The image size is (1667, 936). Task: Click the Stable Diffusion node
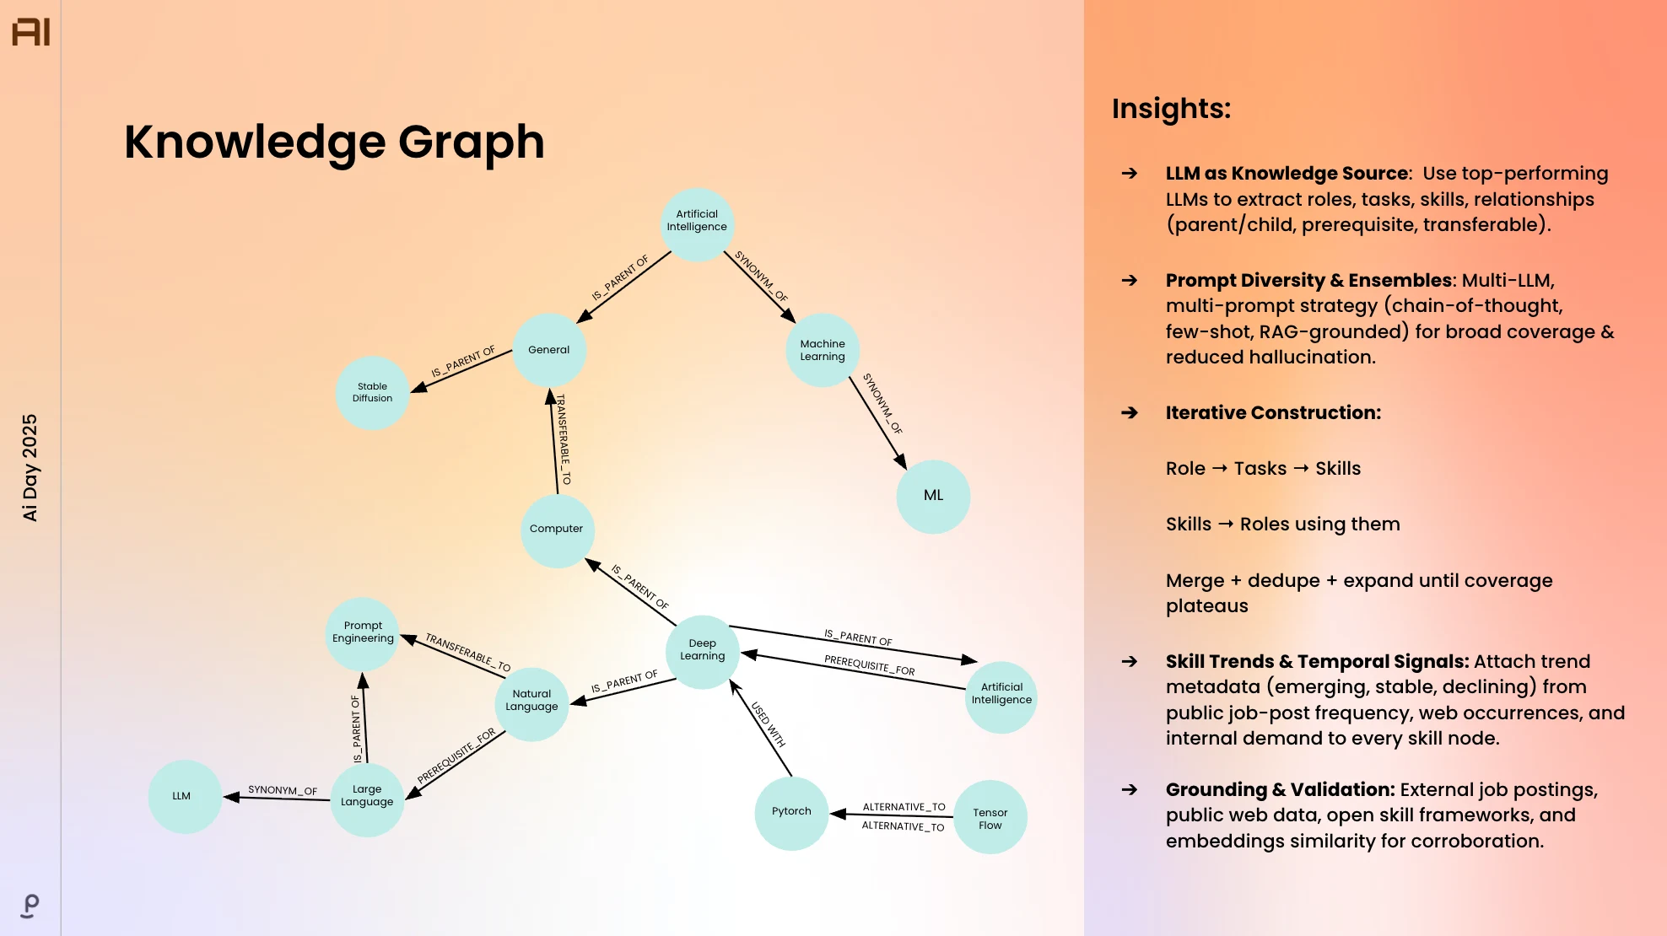pyautogui.click(x=373, y=393)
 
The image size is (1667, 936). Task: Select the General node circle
pyautogui.click(x=549, y=350)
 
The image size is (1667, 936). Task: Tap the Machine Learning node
pyautogui.click(x=823, y=350)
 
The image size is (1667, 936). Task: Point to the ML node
pyautogui.click(x=933, y=497)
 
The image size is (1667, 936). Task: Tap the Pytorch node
pyautogui.click(x=791, y=813)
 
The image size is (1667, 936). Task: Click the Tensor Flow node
pyautogui.click(x=990, y=817)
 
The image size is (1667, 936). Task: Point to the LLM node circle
pyautogui.click(x=185, y=797)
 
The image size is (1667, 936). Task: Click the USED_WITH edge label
pyautogui.click(x=769, y=724)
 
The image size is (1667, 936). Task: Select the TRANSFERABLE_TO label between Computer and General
pyautogui.click(x=563, y=439)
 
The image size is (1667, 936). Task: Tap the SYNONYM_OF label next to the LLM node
pyautogui.click(x=283, y=790)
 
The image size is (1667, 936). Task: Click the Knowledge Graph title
pyautogui.click(x=334, y=142)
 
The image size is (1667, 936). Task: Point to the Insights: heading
pyautogui.click(x=1171, y=109)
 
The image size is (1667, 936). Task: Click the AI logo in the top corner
pyautogui.click(x=31, y=32)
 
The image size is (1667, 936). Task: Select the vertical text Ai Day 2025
pyautogui.click(x=30, y=467)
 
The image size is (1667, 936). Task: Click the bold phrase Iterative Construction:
pyautogui.click(x=1273, y=412)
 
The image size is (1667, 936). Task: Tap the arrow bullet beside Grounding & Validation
pyautogui.click(x=1130, y=789)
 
